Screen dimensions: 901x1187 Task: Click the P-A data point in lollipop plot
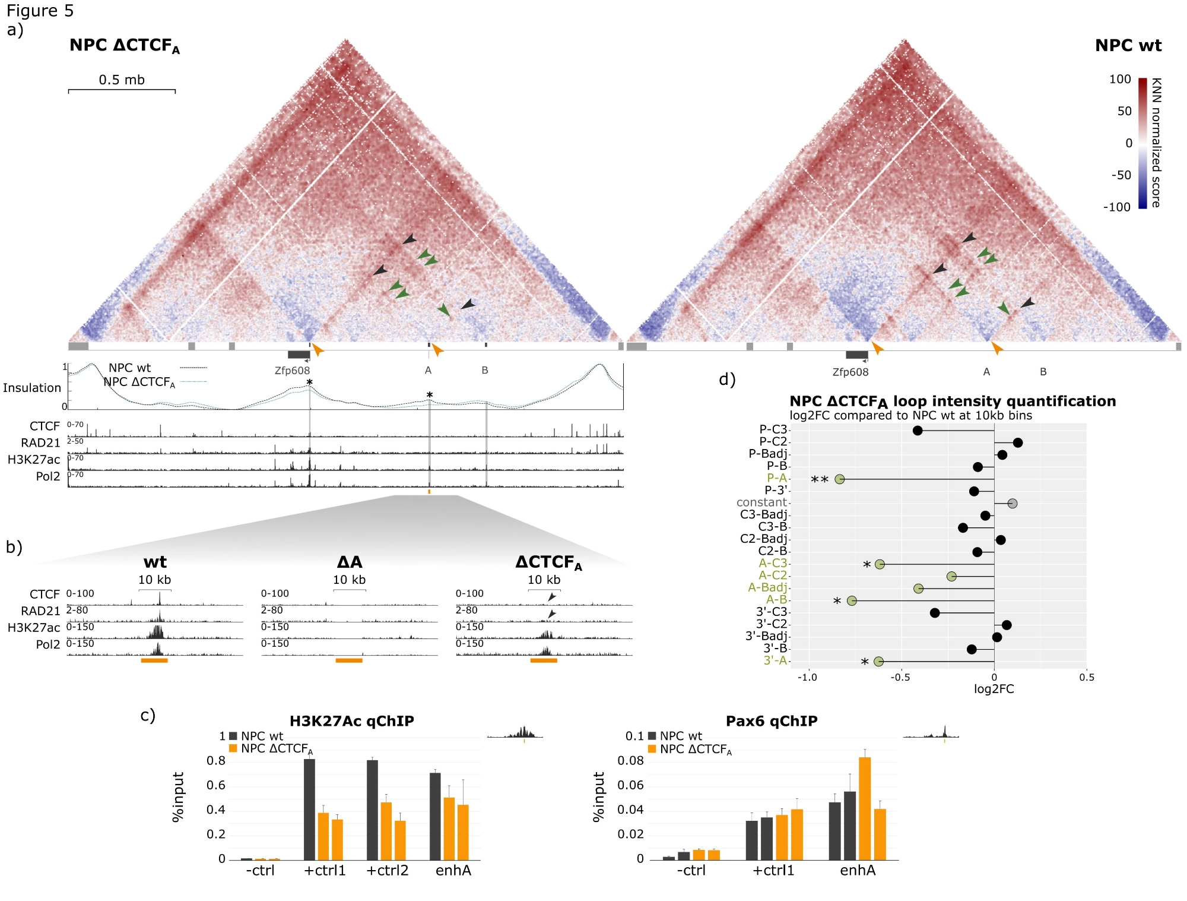839,479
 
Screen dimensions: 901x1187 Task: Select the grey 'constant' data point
1013,503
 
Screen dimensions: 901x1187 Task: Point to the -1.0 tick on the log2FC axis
807,677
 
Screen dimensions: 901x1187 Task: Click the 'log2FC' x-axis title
994,689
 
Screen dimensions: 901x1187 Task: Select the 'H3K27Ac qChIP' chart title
351,721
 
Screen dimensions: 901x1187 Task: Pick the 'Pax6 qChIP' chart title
772,721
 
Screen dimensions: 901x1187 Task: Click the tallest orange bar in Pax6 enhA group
865,808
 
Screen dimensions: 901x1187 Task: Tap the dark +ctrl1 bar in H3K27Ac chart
309,809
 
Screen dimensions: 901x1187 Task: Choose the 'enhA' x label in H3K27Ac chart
453,870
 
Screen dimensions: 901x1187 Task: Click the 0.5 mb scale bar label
122,80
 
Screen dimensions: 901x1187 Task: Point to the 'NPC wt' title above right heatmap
1128,46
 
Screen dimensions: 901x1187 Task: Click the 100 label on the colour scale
1120,80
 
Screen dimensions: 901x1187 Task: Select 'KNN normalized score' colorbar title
1156,143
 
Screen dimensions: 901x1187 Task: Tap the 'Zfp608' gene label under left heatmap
292,371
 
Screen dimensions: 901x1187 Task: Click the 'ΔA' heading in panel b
350,562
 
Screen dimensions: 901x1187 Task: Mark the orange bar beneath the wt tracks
154,660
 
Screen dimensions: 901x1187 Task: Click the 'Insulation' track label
32,388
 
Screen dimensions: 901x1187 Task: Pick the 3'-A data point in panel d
878,661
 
